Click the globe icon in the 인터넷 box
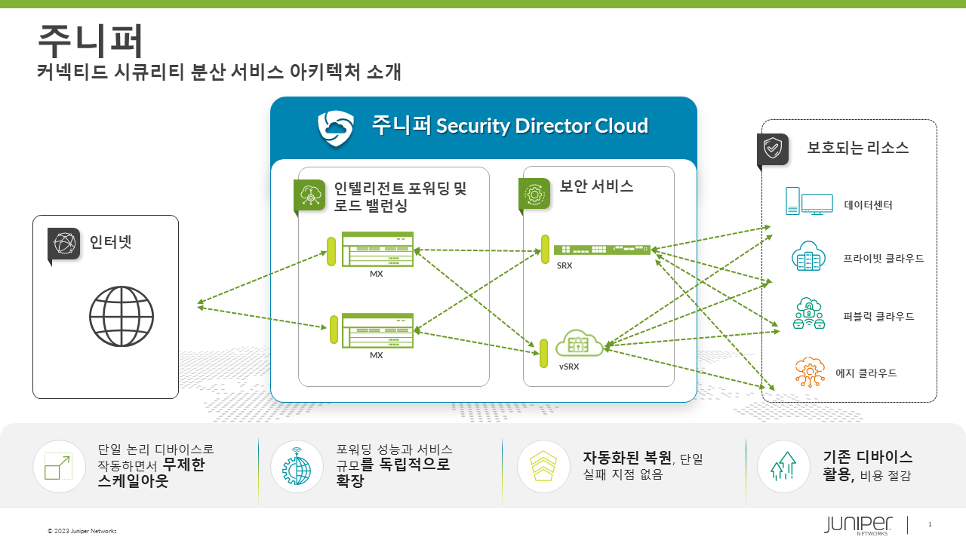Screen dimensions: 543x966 (122, 316)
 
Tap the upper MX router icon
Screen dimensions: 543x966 (377, 249)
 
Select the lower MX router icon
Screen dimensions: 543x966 (377, 330)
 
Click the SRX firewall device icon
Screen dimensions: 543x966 (601, 250)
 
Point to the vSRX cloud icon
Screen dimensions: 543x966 (580, 343)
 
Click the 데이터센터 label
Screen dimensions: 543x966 (868, 204)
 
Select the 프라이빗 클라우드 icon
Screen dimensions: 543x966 (809, 257)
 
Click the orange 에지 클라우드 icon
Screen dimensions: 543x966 (809, 372)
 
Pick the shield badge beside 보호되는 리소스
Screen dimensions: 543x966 (773, 149)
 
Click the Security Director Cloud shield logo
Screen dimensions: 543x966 (335, 127)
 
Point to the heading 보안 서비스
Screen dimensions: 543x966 (596, 186)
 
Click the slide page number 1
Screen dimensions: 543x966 (930, 524)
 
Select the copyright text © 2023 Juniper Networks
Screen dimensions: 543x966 (82, 531)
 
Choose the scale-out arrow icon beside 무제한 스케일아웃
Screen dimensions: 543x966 (59, 466)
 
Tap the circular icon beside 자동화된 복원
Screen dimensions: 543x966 (543, 466)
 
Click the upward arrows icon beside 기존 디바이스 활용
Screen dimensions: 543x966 (783, 466)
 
